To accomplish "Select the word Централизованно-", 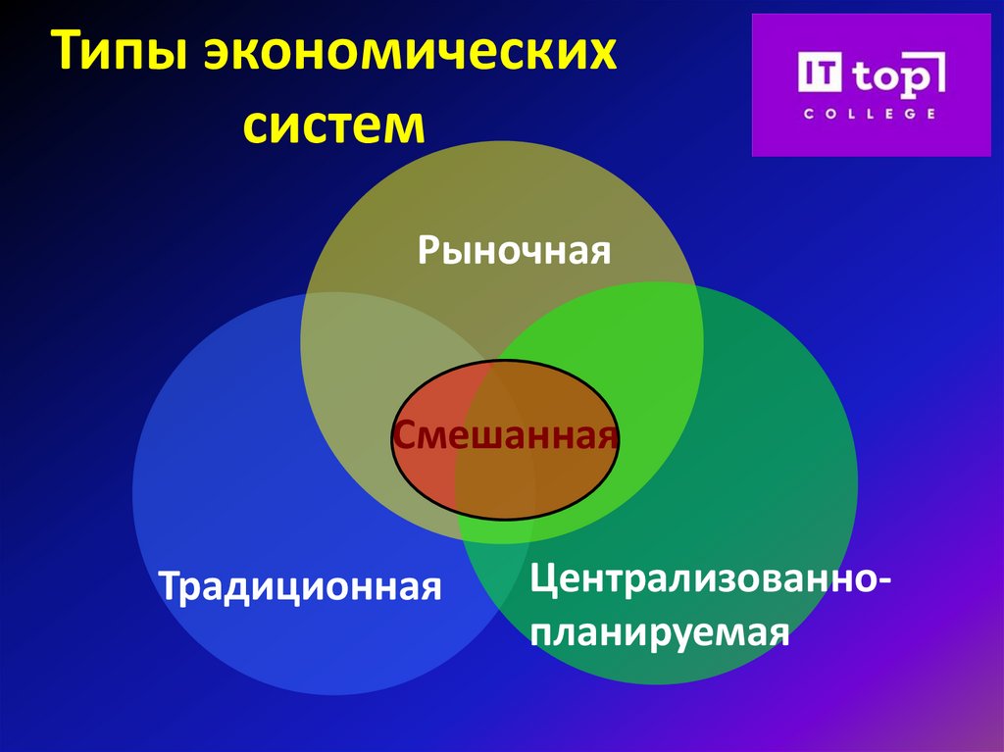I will click(x=710, y=578).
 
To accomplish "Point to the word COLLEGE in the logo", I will click(x=869, y=114).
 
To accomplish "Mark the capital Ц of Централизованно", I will click(x=543, y=578).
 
